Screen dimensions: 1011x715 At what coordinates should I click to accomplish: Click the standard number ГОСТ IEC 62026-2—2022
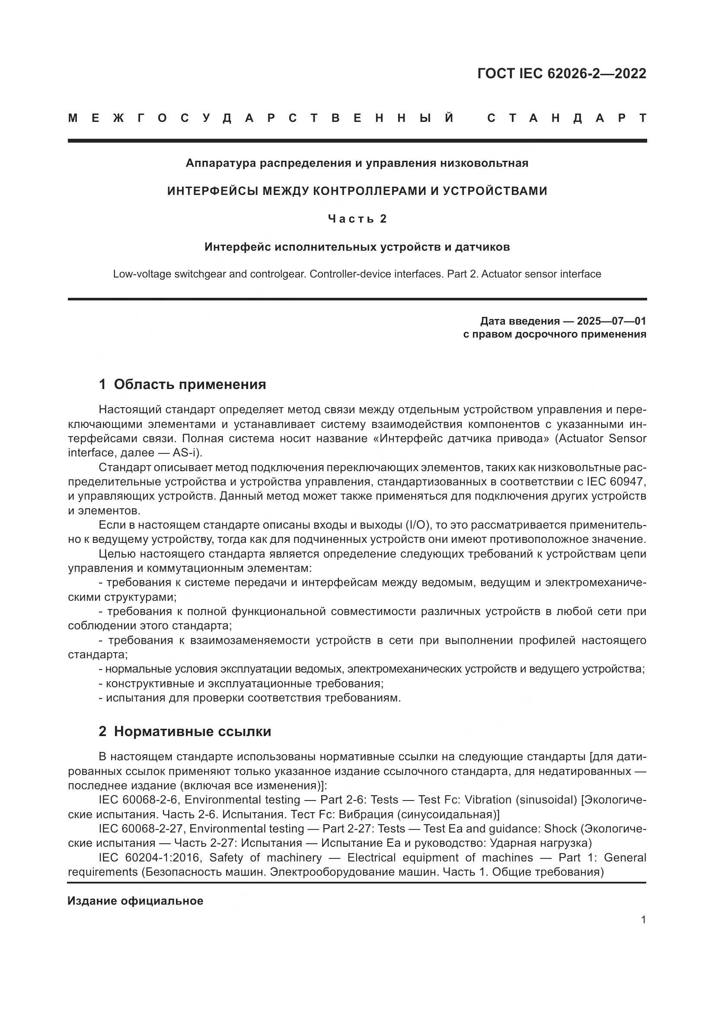point(562,73)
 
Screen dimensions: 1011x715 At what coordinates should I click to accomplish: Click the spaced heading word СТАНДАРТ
point(567,118)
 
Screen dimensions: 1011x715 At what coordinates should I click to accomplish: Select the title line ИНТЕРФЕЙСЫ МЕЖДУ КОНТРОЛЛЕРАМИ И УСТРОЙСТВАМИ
point(357,191)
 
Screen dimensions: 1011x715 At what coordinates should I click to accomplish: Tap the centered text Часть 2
point(357,219)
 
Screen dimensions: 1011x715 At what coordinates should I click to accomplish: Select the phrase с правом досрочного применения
point(554,334)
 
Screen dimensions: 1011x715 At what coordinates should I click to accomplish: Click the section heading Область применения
point(190,384)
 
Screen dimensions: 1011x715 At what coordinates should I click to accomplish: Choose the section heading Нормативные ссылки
point(192,731)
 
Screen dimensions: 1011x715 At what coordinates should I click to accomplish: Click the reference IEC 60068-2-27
point(142,828)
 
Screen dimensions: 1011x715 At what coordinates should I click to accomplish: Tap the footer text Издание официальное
point(135,901)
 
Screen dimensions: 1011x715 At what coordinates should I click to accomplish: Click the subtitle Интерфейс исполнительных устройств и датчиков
point(357,247)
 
